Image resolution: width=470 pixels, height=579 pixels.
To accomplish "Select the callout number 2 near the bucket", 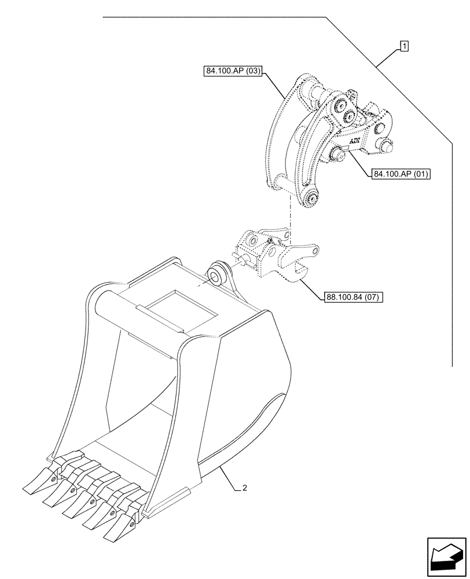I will point(245,488).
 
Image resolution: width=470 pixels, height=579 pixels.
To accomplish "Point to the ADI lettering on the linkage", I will point(354,141).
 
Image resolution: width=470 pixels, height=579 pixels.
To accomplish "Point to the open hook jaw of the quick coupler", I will point(299,271).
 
